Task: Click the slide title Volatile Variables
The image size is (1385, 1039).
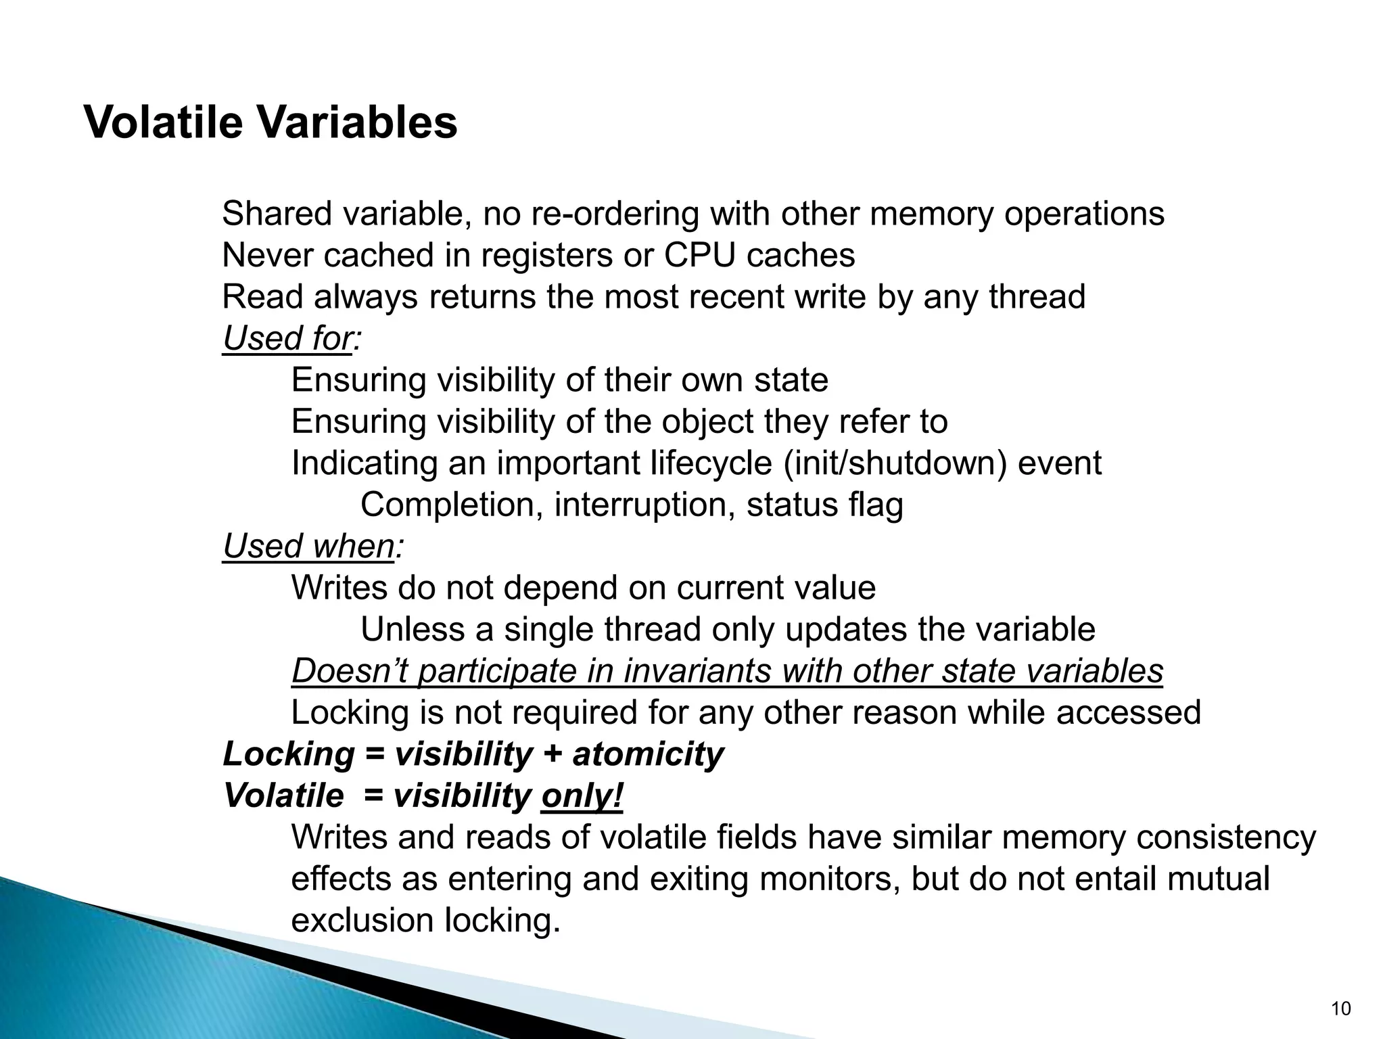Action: (x=271, y=123)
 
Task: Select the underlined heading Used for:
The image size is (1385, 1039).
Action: (x=291, y=338)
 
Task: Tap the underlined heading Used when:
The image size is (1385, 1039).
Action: (x=312, y=546)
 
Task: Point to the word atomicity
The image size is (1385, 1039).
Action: (x=648, y=754)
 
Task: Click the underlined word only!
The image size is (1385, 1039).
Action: (x=582, y=795)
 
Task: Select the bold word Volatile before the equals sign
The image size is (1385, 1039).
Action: (x=283, y=795)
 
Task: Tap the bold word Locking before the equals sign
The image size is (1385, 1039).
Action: (x=289, y=754)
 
